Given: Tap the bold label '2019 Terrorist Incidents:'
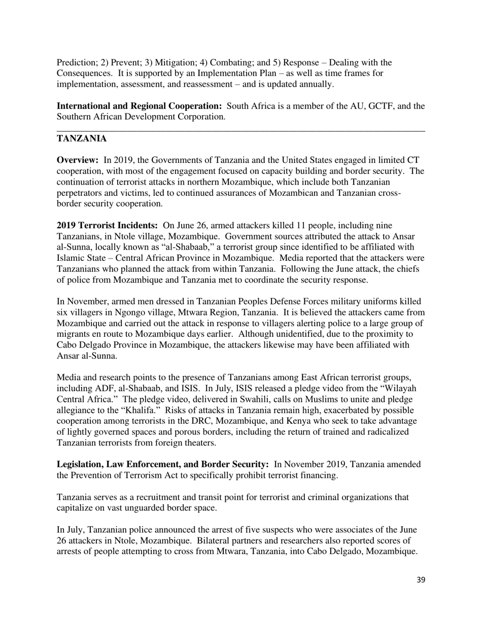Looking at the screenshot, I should click(107, 225).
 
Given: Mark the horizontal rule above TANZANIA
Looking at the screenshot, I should click(240, 132).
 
